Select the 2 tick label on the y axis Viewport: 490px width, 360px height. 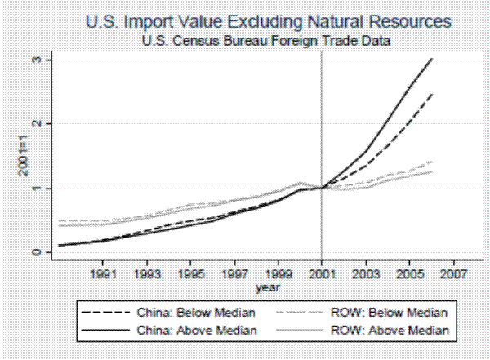tap(37, 124)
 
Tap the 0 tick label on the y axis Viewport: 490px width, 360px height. tap(37, 252)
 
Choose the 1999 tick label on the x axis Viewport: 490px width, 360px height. tap(279, 275)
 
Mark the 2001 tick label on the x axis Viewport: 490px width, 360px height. tap(323, 275)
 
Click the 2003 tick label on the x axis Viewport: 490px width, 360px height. tap(367, 275)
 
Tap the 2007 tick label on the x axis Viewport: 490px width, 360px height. tap(455, 275)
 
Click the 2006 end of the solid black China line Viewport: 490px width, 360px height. tap(433, 60)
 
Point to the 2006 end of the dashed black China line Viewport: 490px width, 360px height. tap(433, 94)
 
